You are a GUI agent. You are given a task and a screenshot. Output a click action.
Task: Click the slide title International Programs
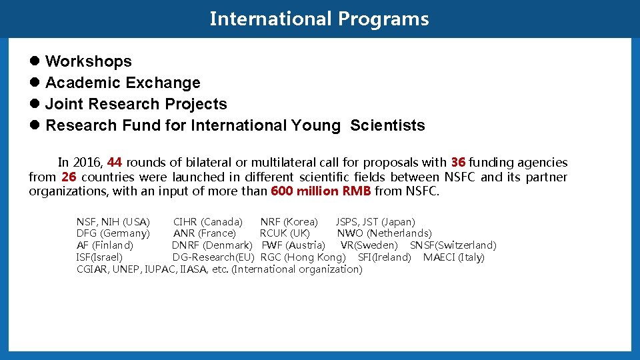click(319, 19)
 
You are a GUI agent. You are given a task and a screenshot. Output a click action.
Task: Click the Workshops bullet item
click(88, 61)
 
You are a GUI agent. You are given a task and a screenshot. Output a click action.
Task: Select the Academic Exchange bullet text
click(123, 83)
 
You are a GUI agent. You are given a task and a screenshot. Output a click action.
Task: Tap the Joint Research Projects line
click(136, 104)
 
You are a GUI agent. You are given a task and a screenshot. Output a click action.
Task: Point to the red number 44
click(114, 163)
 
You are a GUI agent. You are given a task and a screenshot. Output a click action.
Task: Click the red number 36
click(458, 163)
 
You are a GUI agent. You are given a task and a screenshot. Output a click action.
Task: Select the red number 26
click(69, 177)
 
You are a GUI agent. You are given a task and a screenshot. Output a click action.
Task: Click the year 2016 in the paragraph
click(87, 163)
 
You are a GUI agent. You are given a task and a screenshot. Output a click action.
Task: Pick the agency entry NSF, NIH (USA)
click(113, 221)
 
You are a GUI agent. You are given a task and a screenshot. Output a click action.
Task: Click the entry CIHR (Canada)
click(208, 221)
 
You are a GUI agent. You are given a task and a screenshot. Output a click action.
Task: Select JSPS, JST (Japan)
click(375, 221)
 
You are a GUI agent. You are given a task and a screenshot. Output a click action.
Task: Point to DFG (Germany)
click(113, 233)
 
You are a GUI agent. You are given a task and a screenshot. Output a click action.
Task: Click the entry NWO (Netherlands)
click(384, 233)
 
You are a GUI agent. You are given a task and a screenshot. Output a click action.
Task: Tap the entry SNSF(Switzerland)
click(453, 245)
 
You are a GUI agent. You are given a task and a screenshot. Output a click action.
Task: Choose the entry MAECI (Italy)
click(454, 257)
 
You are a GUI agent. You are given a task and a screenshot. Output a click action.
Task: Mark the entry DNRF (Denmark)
click(212, 245)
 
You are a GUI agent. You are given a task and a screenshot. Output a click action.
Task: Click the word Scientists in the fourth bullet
click(387, 125)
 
